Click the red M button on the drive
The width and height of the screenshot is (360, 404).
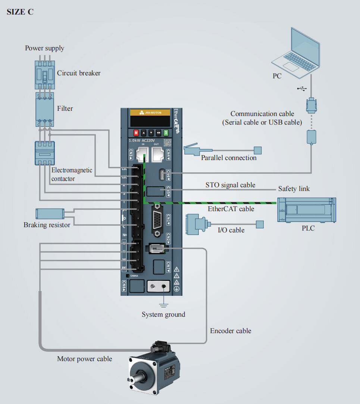click(x=136, y=132)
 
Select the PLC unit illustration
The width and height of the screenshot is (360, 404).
click(x=307, y=210)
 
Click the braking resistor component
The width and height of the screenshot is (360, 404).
click(x=50, y=214)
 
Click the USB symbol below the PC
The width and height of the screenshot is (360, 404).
click(x=302, y=88)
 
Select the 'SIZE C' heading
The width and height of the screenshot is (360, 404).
click(x=20, y=12)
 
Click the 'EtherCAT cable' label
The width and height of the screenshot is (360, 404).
click(x=231, y=209)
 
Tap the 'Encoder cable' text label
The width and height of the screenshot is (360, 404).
click(x=230, y=331)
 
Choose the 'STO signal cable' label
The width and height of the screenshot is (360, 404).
click(x=230, y=185)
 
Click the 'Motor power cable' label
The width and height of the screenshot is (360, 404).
click(x=84, y=359)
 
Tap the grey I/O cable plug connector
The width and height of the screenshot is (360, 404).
click(x=195, y=224)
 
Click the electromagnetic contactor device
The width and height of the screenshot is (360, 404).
click(x=45, y=153)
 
